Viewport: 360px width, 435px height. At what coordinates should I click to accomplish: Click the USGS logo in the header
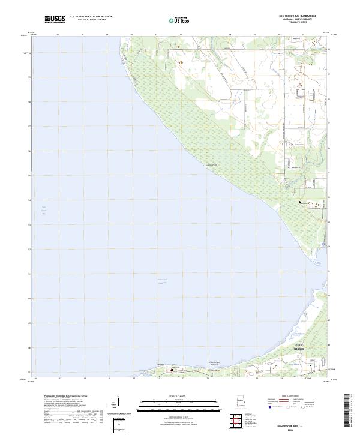tap(55, 19)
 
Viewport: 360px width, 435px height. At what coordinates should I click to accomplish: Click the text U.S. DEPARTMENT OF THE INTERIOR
tap(91, 17)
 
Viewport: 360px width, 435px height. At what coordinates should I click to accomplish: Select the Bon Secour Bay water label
tap(43, 212)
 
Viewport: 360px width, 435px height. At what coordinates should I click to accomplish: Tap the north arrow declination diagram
tap(118, 404)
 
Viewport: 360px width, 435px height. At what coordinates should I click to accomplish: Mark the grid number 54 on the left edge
tap(29, 200)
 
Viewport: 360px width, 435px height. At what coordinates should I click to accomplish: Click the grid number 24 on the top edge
tap(230, 35)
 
